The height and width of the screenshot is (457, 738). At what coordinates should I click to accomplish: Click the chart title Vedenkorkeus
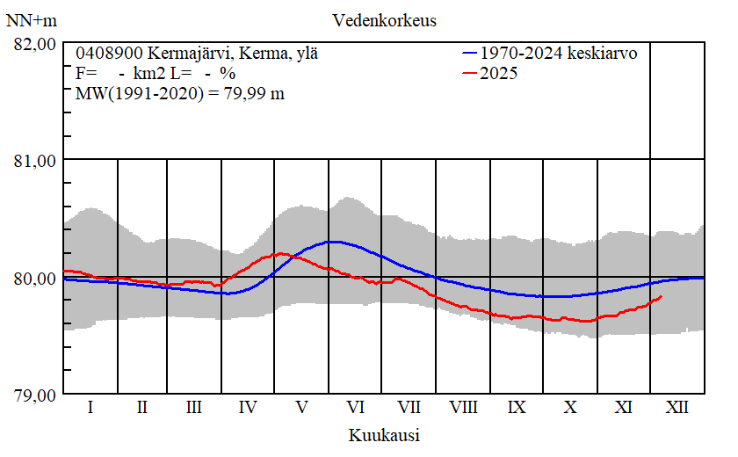(x=385, y=20)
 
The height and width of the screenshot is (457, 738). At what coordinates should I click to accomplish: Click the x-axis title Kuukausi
(x=383, y=435)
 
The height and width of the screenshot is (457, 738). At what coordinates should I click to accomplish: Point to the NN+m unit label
(x=30, y=20)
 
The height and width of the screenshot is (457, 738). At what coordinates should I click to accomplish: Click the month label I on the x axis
(x=90, y=409)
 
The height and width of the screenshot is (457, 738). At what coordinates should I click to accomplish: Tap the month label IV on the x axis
(x=248, y=409)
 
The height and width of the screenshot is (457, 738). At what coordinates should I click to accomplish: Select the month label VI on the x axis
(x=356, y=409)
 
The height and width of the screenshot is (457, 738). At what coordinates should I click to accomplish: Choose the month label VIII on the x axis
(x=463, y=409)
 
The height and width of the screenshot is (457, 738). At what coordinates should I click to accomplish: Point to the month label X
(x=570, y=409)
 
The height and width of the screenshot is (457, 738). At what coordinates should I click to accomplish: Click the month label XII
(x=677, y=409)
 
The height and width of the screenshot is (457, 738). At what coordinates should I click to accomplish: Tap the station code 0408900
(x=104, y=53)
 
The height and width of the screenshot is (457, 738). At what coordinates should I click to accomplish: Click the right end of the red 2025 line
(x=661, y=297)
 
